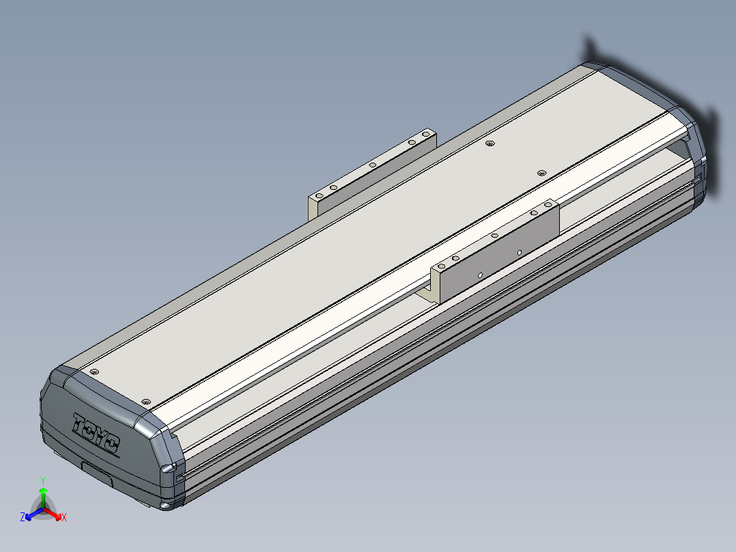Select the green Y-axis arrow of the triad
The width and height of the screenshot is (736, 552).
[x=43, y=498]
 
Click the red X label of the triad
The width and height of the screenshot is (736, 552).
[x=64, y=517]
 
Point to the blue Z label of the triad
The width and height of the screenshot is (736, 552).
[x=22, y=516]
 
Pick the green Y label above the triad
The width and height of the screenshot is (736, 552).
[x=43, y=480]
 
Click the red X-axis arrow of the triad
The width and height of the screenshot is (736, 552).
[x=52, y=514]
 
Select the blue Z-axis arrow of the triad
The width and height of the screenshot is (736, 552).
[x=34, y=514]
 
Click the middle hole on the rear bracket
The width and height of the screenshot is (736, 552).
[x=372, y=165]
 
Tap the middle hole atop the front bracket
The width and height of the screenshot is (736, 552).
[x=494, y=236]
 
